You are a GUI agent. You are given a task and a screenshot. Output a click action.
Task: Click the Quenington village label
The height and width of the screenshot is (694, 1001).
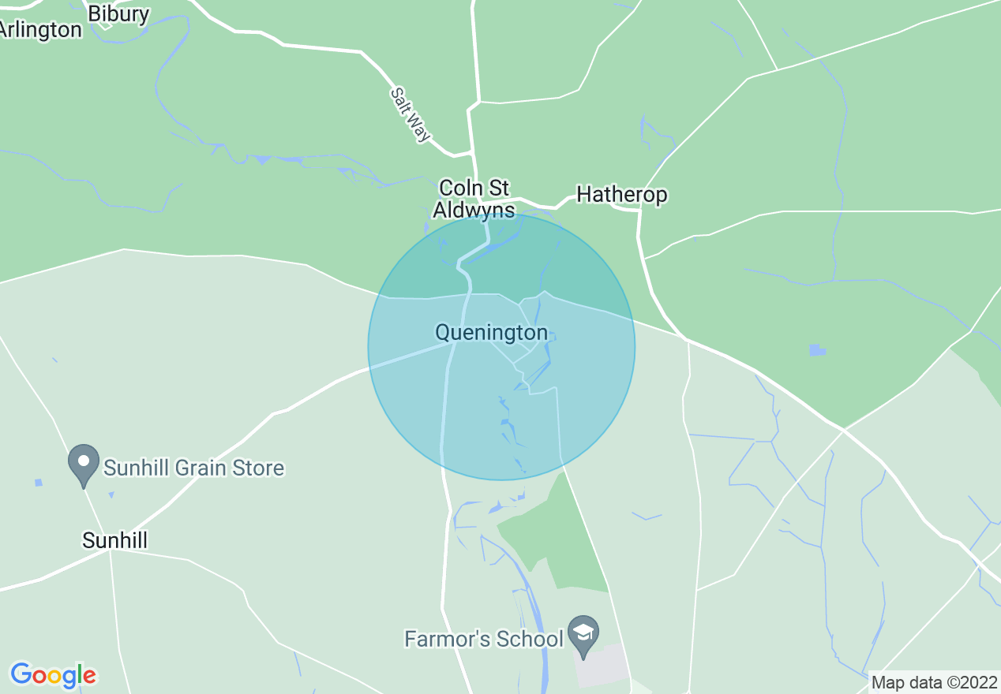(491, 333)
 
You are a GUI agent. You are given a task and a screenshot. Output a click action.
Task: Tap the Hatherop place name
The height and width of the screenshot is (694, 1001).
(622, 195)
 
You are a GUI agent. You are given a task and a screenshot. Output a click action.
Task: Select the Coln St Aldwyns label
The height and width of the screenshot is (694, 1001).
(474, 200)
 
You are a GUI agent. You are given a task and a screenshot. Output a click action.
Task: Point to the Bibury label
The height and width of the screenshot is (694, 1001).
(118, 13)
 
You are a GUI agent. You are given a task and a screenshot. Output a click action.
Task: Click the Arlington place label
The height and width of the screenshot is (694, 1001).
(39, 30)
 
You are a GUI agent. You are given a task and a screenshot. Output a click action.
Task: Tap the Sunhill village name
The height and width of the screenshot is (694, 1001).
(115, 540)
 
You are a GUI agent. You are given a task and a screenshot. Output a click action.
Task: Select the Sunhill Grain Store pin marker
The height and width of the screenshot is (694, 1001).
(84, 464)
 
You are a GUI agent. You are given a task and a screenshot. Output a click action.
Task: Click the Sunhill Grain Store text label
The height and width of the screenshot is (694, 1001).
(193, 468)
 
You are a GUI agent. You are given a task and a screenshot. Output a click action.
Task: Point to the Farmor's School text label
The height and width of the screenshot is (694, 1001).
(484, 638)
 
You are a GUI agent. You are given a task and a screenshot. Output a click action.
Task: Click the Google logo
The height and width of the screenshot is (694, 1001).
(54, 676)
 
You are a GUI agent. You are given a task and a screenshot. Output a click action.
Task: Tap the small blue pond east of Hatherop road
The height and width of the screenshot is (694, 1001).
(817, 349)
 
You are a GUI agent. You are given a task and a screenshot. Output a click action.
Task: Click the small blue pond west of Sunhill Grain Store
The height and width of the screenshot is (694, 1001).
(38, 483)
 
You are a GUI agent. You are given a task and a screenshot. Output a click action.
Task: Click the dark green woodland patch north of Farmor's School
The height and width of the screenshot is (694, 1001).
(560, 536)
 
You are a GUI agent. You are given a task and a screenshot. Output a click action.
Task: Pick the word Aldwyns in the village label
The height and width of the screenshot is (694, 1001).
(474, 211)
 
